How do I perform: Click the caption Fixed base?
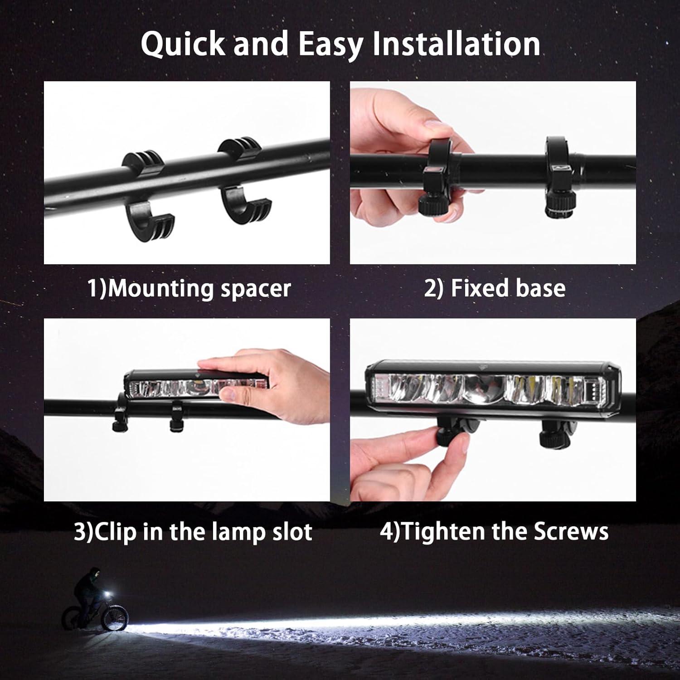495,288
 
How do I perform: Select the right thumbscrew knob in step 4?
552,436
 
